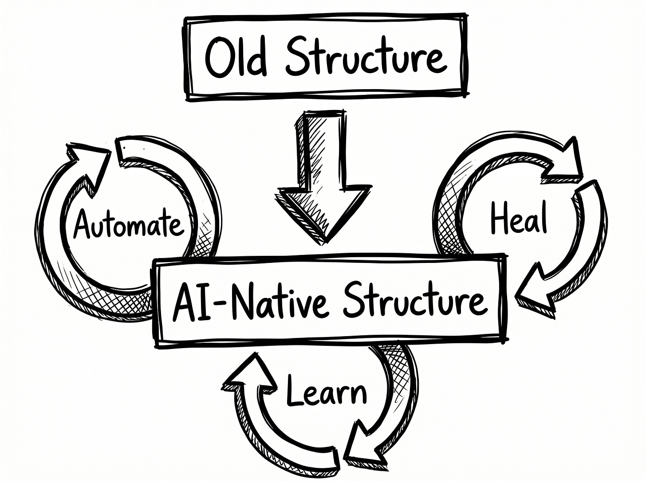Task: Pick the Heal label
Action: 518,219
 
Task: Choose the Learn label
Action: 326,390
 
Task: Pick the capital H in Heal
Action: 500,218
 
